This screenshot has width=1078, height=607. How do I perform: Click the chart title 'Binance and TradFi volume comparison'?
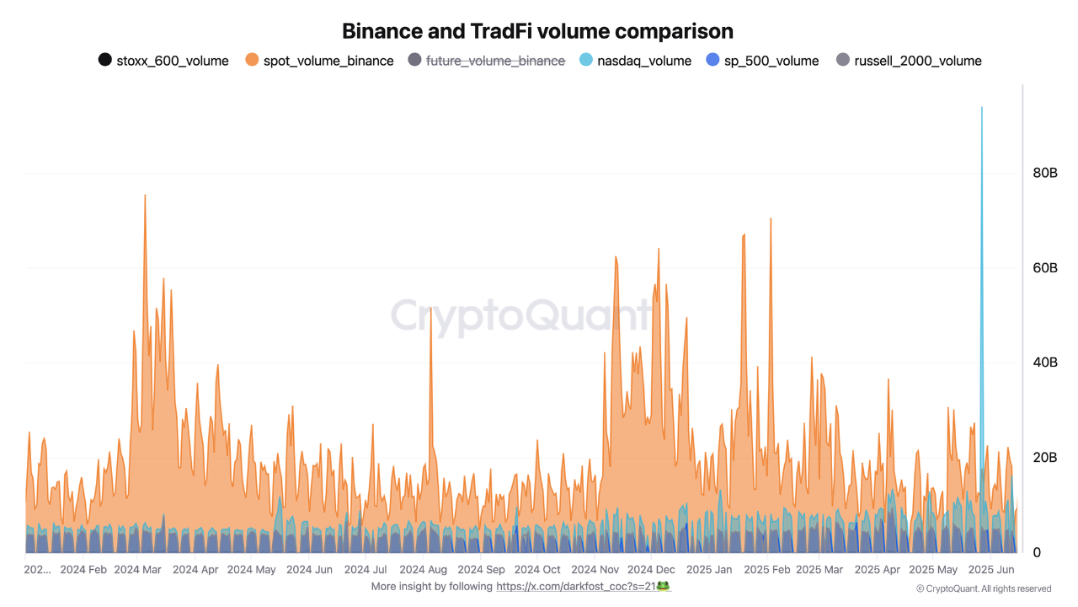(x=537, y=31)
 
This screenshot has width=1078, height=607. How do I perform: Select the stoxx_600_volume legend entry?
(x=163, y=61)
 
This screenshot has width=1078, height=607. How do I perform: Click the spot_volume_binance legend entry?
(x=319, y=61)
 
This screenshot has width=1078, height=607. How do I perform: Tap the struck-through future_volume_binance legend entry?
(x=486, y=61)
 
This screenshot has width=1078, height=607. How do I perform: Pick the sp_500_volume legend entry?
(x=762, y=61)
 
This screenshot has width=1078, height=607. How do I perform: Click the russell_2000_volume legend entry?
(x=909, y=61)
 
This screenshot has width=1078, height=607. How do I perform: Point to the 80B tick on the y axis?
(x=1045, y=173)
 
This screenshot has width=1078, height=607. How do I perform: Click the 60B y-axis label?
(x=1045, y=268)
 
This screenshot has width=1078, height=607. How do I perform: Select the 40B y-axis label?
(x=1045, y=363)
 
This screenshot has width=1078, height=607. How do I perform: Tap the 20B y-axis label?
(x=1045, y=458)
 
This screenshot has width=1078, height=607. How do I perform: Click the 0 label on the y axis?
(x=1038, y=553)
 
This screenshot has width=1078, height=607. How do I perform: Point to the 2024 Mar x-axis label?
(x=137, y=570)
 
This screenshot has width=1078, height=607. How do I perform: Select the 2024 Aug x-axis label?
(x=424, y=570)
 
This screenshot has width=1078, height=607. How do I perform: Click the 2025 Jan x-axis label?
(x=710, y=570)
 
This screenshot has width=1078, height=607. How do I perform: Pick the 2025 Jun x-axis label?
(x=992, y=570)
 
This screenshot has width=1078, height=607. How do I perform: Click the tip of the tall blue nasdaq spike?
(x=981, y=108)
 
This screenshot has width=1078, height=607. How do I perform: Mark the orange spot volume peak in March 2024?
(x=145, y=196)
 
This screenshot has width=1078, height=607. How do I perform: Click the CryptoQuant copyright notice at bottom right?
(x=983, y=588)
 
